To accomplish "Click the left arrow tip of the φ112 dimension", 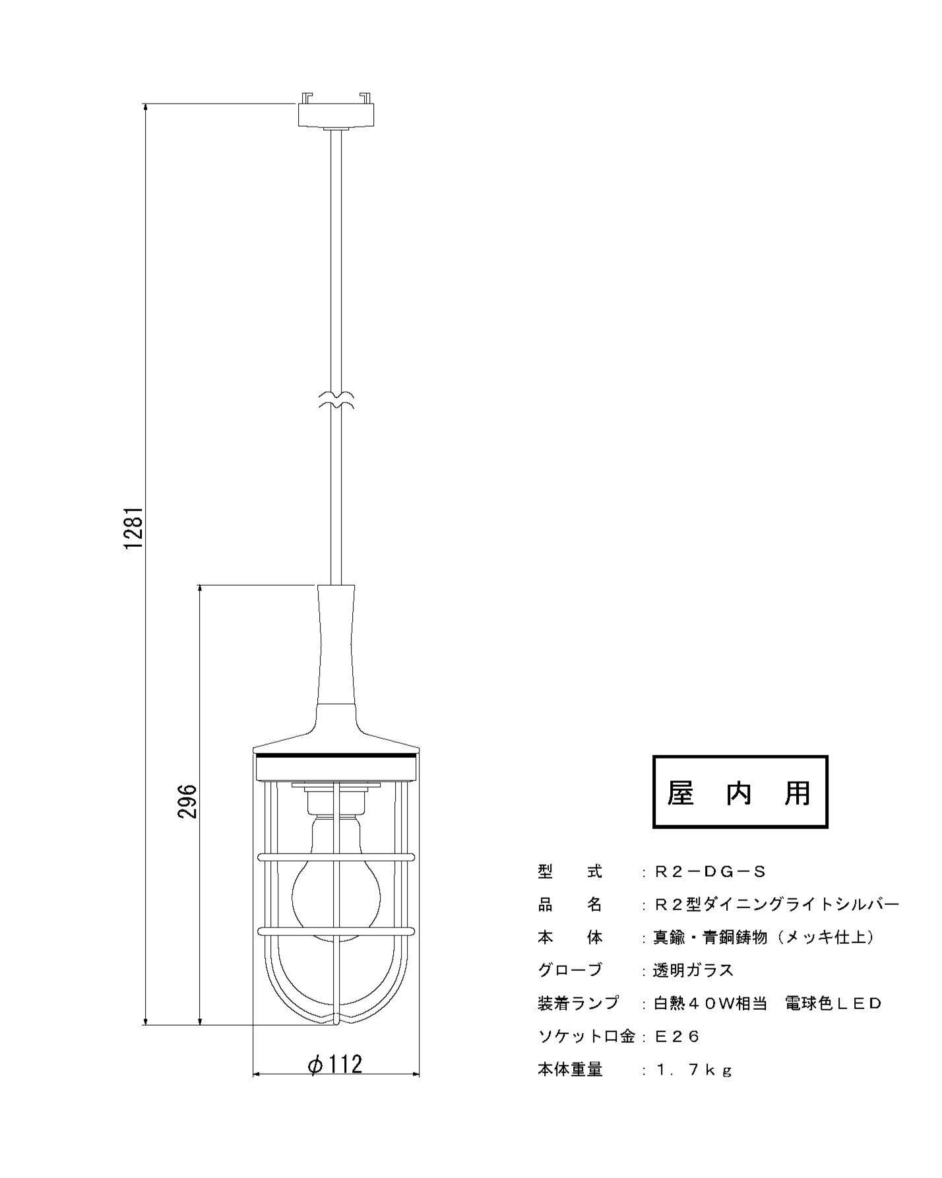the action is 253,1074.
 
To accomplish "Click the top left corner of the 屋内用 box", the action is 654,757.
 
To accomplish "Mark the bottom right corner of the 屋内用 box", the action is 827,827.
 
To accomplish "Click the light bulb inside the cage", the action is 336,881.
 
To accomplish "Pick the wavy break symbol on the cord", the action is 336,400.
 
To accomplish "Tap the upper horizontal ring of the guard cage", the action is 336,857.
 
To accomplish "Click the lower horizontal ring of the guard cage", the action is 336,931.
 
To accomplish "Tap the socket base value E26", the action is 676,1037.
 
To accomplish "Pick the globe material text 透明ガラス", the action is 693,970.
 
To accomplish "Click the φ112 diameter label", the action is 336,1064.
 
